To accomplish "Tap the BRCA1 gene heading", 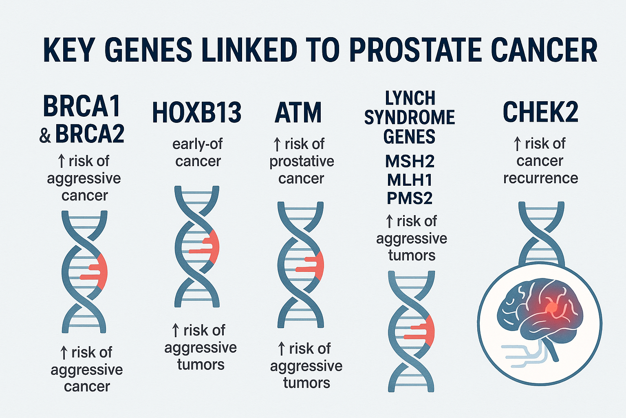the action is point(82,107).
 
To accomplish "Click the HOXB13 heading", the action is point(196,113).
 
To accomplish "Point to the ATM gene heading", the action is point(298,113).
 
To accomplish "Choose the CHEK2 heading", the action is point(540,112).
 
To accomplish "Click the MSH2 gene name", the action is point(410,162).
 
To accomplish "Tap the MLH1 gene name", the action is point(410,180).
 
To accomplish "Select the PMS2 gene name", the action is point(410,198).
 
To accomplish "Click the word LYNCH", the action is point(410,98).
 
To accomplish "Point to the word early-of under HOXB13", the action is point(198,145).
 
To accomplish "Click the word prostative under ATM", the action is point(302,162).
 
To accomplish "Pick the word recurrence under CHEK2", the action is point(541,178).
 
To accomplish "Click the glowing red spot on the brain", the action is point(551,308).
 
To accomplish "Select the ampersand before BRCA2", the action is point(45,136).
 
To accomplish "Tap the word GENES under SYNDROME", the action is point(409,136).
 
